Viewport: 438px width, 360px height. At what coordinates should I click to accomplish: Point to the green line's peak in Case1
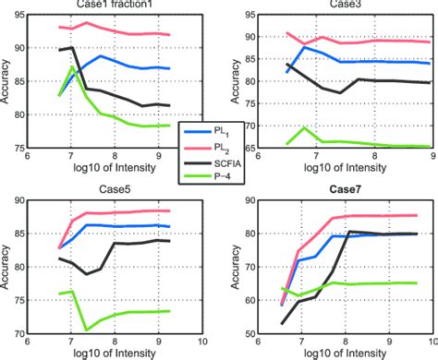pos(73,67)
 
